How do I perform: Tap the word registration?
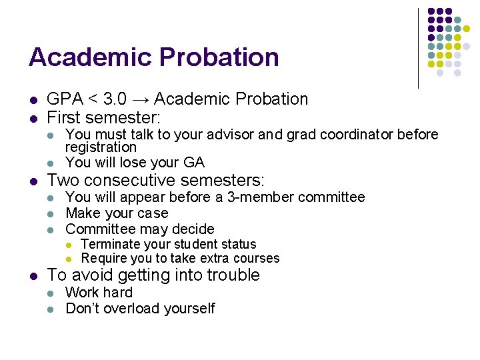(101, 147)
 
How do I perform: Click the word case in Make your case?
(155, 213)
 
